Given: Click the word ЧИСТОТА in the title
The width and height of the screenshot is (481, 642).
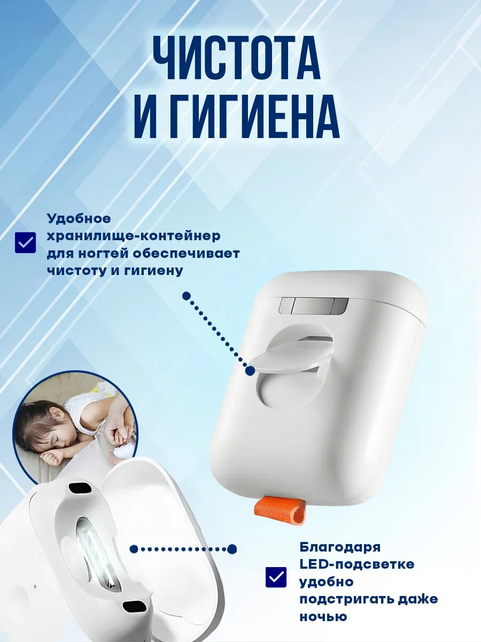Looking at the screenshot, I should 237,60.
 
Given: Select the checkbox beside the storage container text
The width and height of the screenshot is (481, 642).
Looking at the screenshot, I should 25,242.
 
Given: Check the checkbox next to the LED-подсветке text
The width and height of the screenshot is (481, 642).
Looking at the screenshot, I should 276,577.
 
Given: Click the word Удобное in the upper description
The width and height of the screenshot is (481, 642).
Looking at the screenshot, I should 79,218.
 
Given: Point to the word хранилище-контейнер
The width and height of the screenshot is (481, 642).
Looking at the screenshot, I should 134,236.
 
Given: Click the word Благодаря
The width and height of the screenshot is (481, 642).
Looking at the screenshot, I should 340,547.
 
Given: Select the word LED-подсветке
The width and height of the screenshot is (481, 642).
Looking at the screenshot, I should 356,564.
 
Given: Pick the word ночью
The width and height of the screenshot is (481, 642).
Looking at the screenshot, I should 323,616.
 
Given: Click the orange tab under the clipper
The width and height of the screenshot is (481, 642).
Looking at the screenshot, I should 281,509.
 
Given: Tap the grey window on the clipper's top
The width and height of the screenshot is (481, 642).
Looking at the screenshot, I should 313,306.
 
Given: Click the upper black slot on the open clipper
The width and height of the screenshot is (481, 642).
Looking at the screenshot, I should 79,488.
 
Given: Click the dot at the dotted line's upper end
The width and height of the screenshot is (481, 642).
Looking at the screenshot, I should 186,295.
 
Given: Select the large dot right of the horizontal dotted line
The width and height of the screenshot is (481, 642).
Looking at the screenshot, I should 232,548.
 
